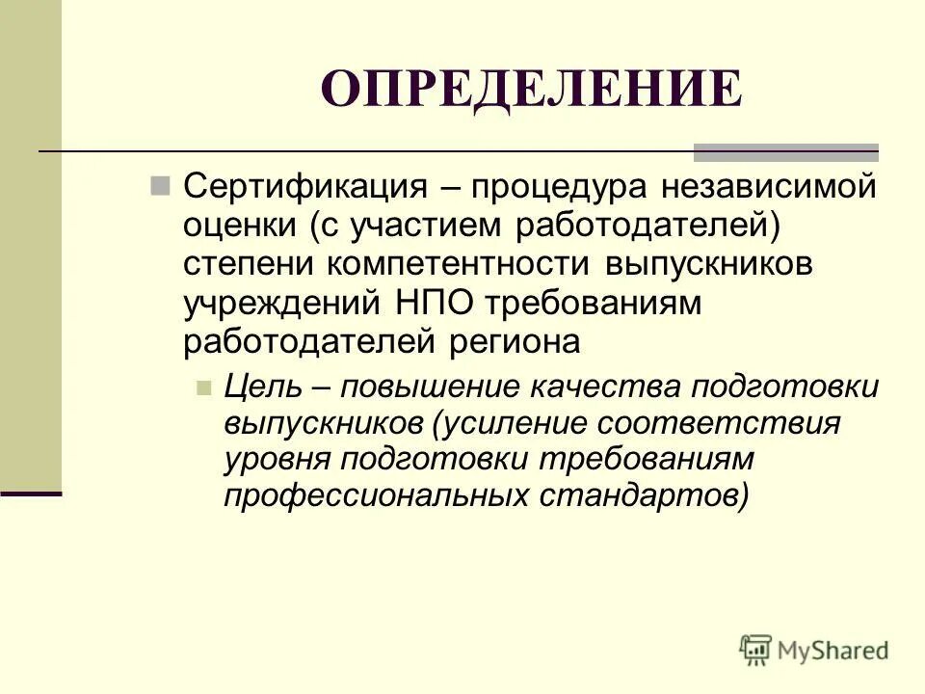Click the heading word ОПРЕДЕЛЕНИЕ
coord(531,90)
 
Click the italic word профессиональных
coord(374,495)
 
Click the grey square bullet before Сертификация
coord(160,184)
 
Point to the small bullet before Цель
coord(202,387)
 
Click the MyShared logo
coord(814,649)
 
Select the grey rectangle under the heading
coord(786,151)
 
